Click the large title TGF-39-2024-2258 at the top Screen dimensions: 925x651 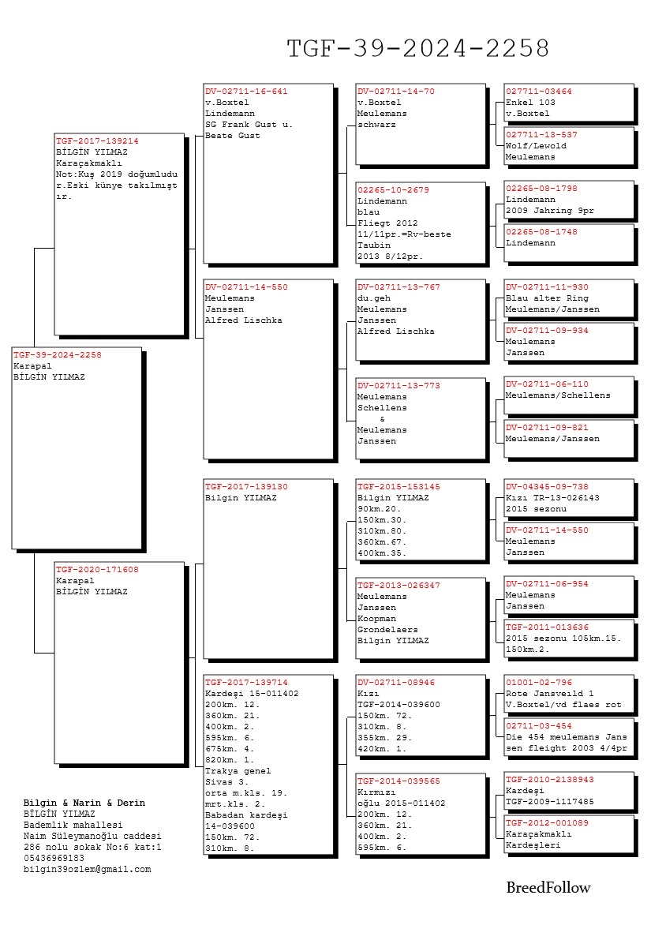[417, 49]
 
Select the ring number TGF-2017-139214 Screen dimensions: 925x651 [97, 140]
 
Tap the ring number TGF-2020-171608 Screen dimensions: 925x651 [97, 569]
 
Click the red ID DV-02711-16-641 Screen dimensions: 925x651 [246, 92]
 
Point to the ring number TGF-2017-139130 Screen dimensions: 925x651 [246, 487]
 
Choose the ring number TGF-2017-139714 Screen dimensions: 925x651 [246, 682]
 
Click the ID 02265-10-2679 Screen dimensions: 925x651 [393, 190]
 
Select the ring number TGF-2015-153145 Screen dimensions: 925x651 [398, 487]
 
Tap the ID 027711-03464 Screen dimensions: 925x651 [539, 92]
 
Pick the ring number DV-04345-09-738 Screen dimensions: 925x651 [547, 487]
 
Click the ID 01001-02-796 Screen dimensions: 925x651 [539, 683]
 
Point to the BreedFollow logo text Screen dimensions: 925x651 [548, 888]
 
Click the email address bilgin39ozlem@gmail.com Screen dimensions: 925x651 [87, 869]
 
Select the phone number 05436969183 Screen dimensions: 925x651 [54, 858]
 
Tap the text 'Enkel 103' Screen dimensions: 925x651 [530, 103]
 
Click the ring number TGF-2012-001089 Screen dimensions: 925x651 [547, 822]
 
